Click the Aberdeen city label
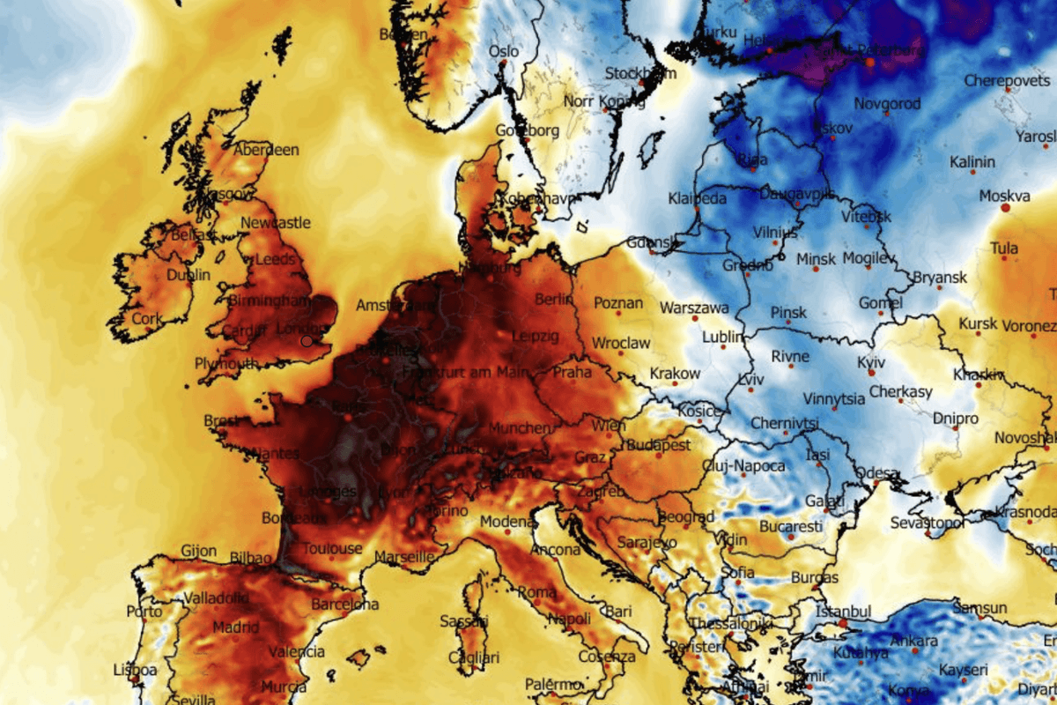pos(266,150)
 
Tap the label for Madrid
pos(235,627)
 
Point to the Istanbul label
pos(843,611)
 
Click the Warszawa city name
pos(694,308)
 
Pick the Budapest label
pos(660,445)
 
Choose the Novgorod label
pos(885,104)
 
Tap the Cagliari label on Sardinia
pos(474,657)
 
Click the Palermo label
pos(555,684)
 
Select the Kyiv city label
pos(871,362)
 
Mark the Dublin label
pos(188,275)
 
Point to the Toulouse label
pos(332,548)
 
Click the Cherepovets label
pos(1006,80)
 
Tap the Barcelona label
pos(345,605)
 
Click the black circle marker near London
pos(307,340)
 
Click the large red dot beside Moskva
pos(1005,209)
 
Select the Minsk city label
pos(816,259)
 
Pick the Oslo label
pos(504,51)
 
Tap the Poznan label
pos(619,302)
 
